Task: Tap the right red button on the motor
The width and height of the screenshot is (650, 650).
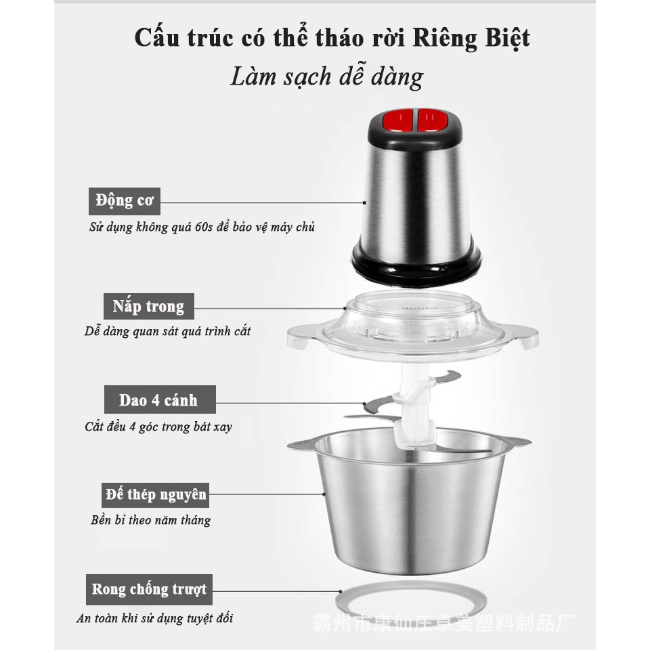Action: point(433,121)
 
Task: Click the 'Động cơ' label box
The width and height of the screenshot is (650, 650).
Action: point(125,201)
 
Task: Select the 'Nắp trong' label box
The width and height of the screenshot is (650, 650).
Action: point(149,306)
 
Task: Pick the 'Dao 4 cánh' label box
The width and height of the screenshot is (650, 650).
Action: point(160,399)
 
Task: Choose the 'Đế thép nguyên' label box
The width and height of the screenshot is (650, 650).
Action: point(156,495)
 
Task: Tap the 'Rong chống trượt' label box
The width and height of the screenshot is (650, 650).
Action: point(149,590)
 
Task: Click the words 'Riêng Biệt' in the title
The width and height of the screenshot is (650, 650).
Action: point(471,38)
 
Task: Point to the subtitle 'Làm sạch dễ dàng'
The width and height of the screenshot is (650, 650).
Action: point(326,77)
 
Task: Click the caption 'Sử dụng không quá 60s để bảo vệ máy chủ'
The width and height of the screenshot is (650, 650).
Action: point(202,227)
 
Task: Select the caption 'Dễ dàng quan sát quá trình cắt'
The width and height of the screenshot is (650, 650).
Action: point(167,331)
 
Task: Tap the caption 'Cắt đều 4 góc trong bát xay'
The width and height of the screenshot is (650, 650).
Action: point(158,427)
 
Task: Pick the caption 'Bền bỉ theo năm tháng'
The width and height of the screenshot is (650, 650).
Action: point(151,520)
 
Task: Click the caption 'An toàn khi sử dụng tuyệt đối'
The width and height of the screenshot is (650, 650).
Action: point(154,618)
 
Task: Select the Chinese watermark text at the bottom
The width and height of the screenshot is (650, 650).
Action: point(443,623)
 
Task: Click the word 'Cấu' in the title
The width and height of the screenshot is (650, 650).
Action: point(158,38)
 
